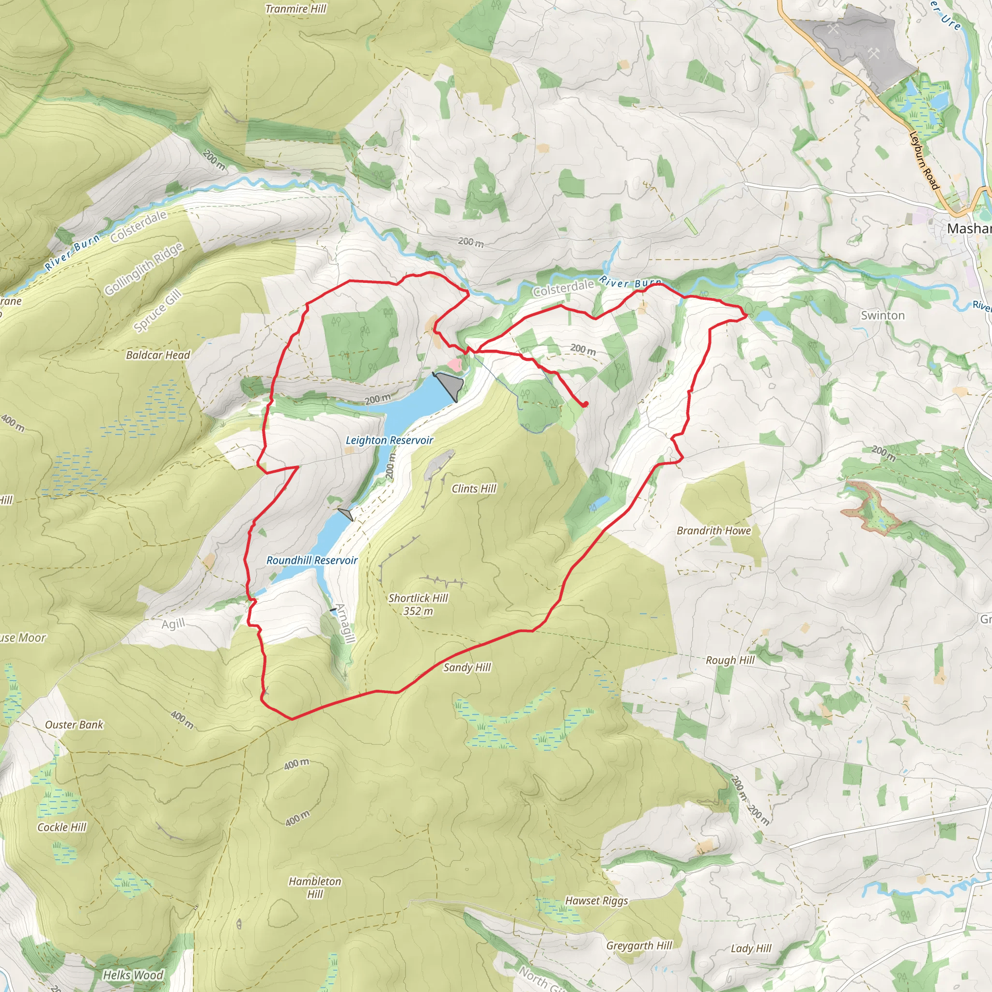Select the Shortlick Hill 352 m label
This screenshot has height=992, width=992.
[x=418, y=604]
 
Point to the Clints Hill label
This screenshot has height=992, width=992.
[x=474, y=488]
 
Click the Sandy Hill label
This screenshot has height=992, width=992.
[x=467, y=667]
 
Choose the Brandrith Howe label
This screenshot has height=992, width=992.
[x=713, y=530]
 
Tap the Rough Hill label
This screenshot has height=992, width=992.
[x=730, y=660]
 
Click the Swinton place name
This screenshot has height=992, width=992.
[x=883, y=315]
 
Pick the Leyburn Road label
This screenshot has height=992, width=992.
[x=924, y=160]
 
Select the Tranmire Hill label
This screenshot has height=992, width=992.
[x=296, y=9]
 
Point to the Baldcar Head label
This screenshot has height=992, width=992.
[x=158, y=355]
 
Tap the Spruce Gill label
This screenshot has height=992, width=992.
[x=157, y=310]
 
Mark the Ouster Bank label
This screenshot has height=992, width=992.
[x=75, y=725]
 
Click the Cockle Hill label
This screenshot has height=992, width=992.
[x=62, y=827]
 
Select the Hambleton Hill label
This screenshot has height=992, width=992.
[x=315, y=887]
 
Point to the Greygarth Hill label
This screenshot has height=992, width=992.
[x=639, y=945]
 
